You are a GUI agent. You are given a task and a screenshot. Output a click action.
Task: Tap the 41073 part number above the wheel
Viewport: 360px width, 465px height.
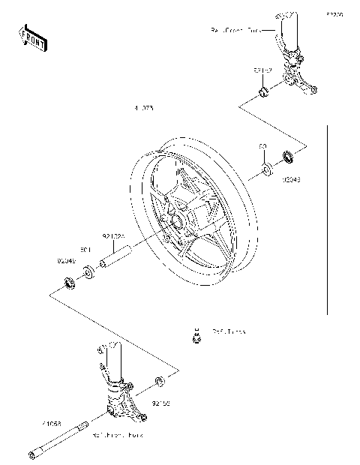[x=143, y=109]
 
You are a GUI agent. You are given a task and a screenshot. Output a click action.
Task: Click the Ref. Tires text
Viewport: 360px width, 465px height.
[x=228, y=331]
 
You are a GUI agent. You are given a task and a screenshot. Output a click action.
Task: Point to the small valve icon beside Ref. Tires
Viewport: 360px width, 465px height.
[x=196, y=337]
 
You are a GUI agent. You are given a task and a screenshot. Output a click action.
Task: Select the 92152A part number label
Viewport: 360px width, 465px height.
[x=112, y=236]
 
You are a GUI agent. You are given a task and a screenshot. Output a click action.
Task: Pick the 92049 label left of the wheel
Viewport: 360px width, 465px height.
[x=66, y=261]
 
